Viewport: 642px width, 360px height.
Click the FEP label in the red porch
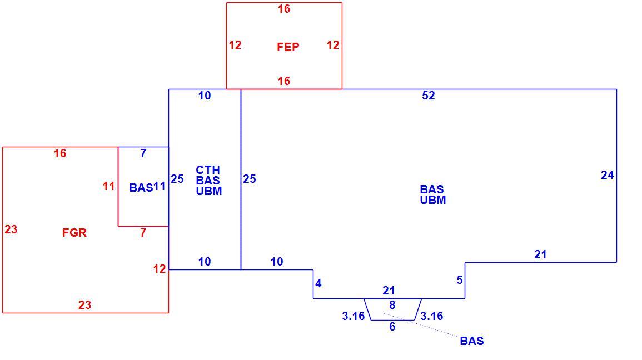point(288,47)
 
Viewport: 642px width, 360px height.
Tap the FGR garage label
point(74,233)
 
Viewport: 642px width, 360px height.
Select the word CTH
point(207,170)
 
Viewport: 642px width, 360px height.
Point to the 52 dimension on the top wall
point(428,96)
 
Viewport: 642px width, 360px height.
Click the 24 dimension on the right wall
point(607,175)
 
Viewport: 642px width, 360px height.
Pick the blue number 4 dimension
point(318,283)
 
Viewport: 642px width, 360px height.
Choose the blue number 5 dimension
point(459,280)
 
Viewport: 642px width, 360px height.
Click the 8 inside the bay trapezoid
point(392,305)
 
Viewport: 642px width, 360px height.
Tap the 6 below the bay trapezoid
point(392,327)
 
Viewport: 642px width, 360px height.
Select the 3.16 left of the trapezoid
point(354,316)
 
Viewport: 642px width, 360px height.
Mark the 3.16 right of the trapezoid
point(431,316)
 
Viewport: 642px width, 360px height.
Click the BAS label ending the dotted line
point(472,341)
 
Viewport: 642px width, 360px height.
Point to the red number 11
point(108,186)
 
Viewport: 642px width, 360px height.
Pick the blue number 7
point(143,153)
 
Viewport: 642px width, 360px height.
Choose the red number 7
point(143,232)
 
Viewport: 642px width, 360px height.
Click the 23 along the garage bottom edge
point(84,305)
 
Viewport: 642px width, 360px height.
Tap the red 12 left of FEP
point(235,44)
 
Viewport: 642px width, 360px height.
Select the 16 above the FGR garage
point(60,153)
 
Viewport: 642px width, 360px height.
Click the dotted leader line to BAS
point(420,325)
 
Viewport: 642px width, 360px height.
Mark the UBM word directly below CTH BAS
point(209,191)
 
